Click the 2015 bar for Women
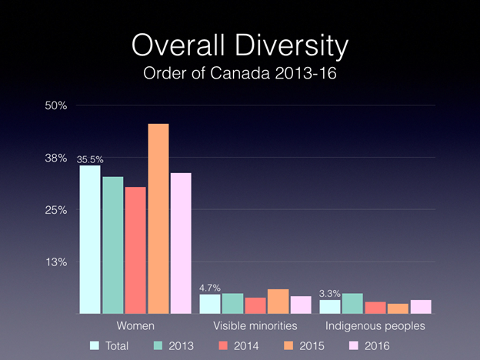[158, 218]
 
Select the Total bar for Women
[90, 239]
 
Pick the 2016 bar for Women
[181, 243]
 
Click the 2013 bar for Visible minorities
[232, 303]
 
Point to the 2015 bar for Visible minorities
[278, 302]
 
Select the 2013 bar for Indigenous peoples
[353, 303]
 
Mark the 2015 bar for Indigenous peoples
[398, 308]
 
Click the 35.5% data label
[90, 159]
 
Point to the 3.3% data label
[330, 293]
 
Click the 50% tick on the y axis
[56, 105]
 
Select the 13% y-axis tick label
[56, 262]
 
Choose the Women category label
[135, 326]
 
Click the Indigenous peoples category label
[375, 326]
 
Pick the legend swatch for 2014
[225, 346]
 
